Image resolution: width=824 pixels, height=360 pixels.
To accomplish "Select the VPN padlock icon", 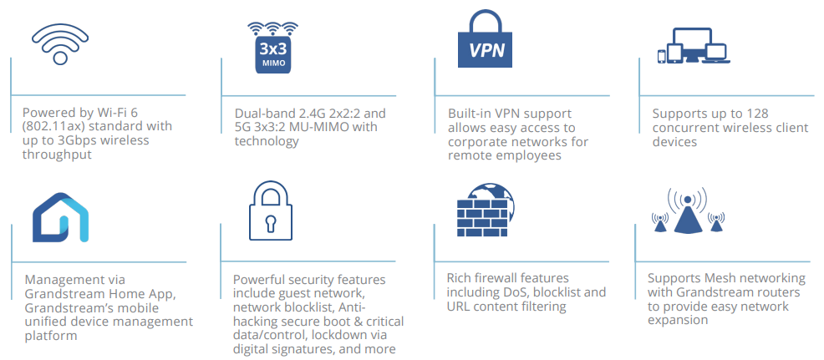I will click(486, 43).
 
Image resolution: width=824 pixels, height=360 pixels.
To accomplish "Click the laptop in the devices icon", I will click(716, 53).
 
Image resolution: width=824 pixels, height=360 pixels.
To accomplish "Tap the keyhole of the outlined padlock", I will click(271, 222).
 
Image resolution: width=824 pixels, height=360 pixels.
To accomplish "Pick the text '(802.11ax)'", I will click(54, 127).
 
